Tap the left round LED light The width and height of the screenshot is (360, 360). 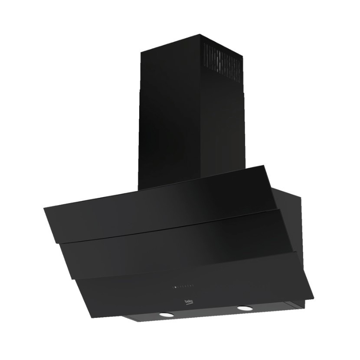[x=166, y=314]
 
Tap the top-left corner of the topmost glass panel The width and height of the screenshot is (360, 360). [x=44, y=208]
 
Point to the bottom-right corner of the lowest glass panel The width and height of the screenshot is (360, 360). [x=313, y=298]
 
